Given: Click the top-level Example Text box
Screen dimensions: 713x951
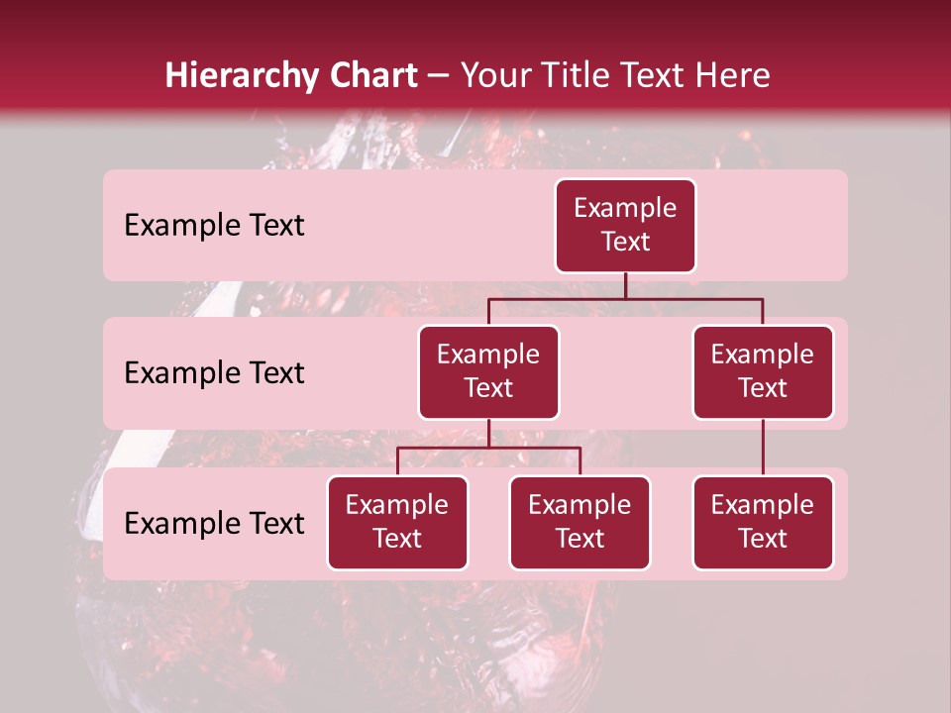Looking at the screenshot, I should tap(625, 226).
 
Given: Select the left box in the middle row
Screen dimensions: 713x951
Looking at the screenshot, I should tap(488, 372).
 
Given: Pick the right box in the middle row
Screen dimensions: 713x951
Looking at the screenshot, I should tap(763, 372).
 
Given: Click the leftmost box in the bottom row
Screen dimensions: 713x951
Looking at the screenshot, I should tap(397, 523).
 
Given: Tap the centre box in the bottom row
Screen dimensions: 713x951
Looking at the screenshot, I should tap(580, 523).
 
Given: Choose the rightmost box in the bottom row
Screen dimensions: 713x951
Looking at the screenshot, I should tap(763, 523).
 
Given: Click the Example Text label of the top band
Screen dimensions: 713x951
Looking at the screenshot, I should tap(214, 226).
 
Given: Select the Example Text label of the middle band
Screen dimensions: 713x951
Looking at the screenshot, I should tap(214, 373).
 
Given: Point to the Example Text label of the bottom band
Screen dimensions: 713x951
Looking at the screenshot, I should tap(214, 523).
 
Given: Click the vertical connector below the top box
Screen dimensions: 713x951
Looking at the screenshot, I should tap(625, 285).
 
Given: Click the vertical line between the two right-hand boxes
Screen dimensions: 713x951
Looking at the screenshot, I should tap(763, 448).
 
